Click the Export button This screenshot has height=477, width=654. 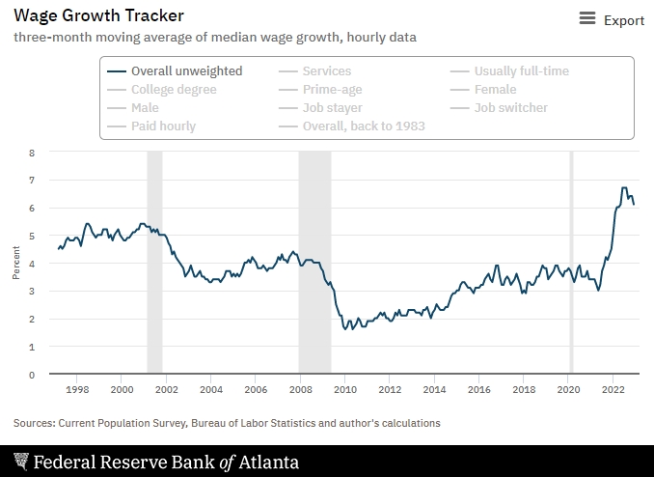[x=612, y=19]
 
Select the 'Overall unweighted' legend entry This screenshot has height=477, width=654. [x=186, y=70]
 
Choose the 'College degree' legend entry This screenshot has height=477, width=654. [x=174, y=89]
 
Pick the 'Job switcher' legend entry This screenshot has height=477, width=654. [x=510, y=107]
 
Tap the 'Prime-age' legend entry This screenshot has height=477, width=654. [x=332, y=89]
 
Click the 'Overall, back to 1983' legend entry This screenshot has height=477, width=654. [x=363, y=126]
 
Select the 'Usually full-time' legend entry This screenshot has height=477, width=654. [x=521, y=70]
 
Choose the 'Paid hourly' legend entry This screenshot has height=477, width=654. [x=163, y=126]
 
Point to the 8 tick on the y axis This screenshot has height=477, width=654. [x=32, y=153]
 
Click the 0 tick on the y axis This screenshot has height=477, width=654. [x=32, y=375]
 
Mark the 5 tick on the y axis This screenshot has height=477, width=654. [x=32, y=236]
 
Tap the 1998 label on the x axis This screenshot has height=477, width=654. [x=77, y=390]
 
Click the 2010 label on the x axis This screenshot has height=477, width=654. [x=345, y=390]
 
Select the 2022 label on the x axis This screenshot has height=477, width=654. [x=613, y=390]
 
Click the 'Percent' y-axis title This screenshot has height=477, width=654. [x=15, y=263]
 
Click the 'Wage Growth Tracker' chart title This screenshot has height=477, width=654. [x=98, y=15]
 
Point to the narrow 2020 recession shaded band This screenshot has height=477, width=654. [x=570, y=261]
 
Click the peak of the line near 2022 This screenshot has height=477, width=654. [x=624, y=187]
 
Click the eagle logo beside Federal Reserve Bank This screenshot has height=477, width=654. [x=20, y=462]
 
